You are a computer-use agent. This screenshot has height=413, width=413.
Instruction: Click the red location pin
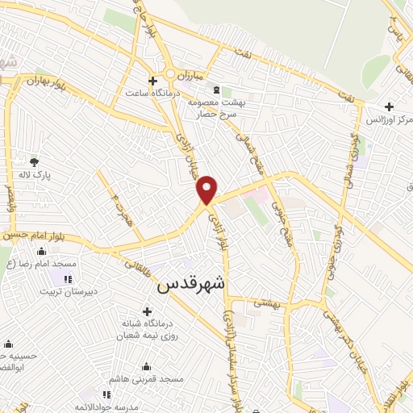coord(207,189)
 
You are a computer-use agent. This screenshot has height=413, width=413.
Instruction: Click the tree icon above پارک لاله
coord(34,162)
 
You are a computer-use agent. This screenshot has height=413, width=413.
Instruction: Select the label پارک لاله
coord(34,175)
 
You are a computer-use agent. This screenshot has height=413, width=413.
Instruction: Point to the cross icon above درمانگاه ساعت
coord(152,80)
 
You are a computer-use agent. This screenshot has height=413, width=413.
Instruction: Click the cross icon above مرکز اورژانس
coord(390,106)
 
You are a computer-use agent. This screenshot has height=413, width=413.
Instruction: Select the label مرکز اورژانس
coord(390,119)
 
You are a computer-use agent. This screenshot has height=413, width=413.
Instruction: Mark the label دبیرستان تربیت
coord(52,291)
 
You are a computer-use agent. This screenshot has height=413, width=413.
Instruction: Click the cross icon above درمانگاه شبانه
coord(146,311)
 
